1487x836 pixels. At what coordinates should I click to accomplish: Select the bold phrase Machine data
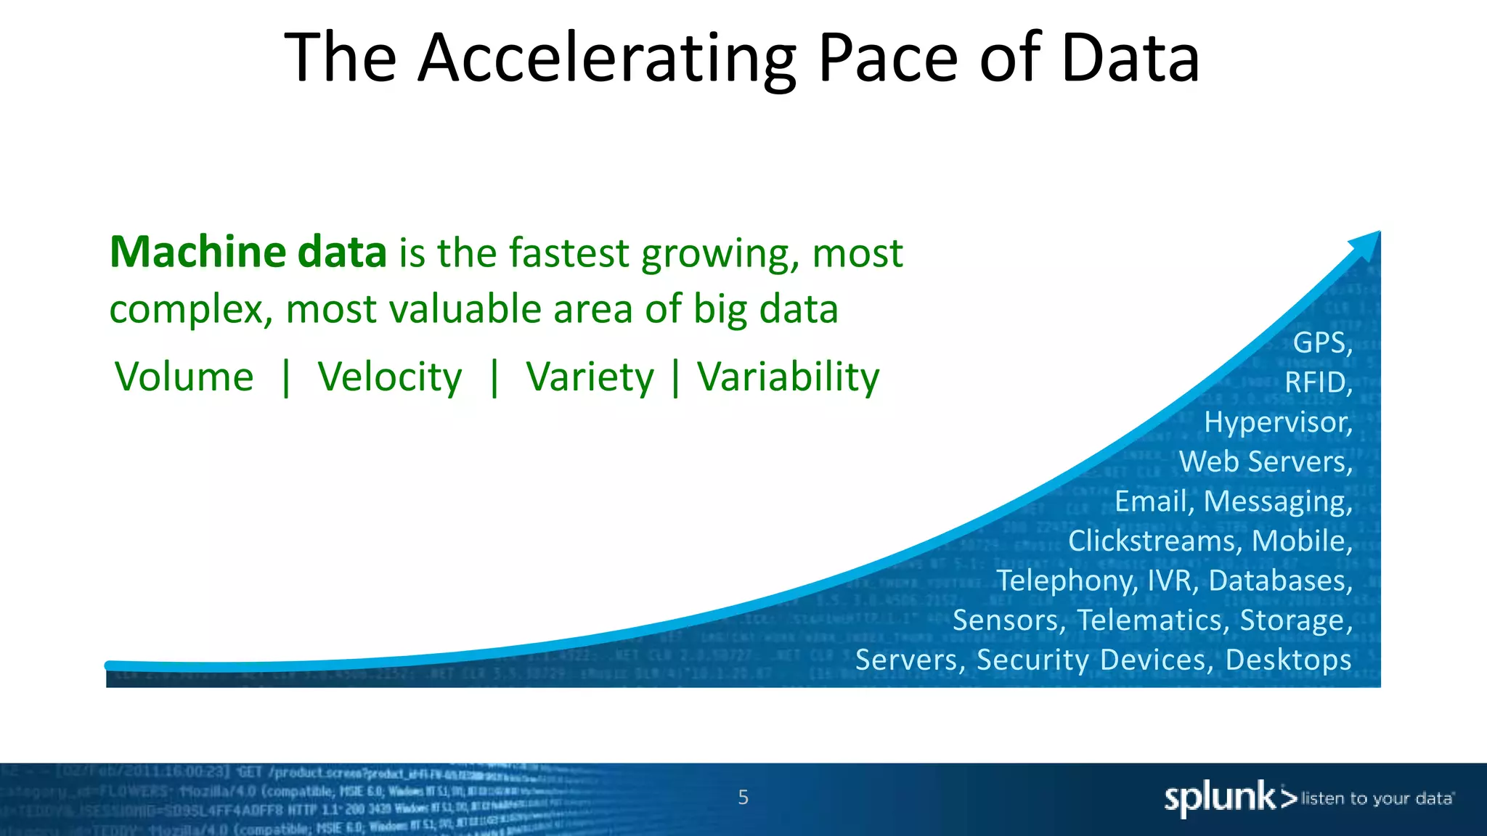tap(248, 253)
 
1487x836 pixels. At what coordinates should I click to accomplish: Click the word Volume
tap(184, 377)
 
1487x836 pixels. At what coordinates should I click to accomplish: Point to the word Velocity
tap(389, 377)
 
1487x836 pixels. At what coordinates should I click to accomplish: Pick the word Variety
tap(590, 377)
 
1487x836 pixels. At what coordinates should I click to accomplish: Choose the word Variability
tap(788, 377)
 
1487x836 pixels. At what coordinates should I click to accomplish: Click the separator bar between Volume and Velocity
tap(286, 377)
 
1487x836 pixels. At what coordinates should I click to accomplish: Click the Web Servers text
tap(1265, 462)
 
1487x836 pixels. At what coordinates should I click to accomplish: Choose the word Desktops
tap(1288, 660)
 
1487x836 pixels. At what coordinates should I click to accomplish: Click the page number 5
tap(743, 798)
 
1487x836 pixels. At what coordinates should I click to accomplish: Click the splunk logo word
tap(1220, 798)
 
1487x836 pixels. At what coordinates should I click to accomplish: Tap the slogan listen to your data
tap(1377, 799)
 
